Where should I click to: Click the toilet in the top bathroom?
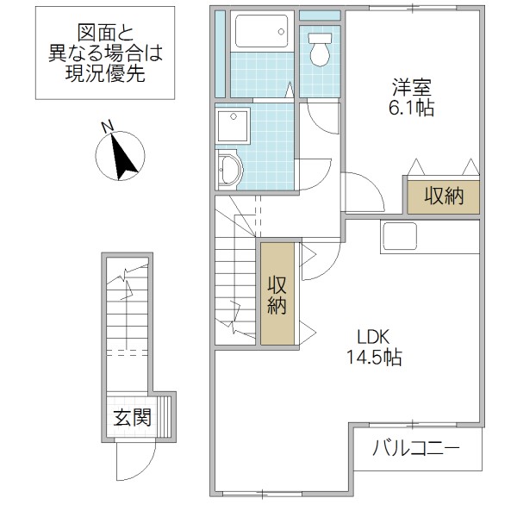[x=320, y=50]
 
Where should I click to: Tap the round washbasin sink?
[x=230, y=169]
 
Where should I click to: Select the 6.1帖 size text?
[x=412, y=108]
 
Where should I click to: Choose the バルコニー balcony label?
[x=416, y=449]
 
